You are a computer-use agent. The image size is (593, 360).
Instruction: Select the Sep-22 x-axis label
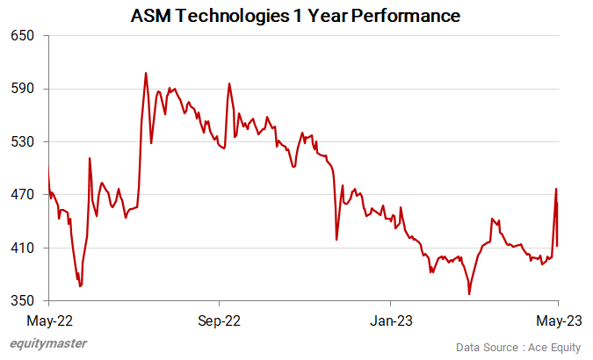(219, 319)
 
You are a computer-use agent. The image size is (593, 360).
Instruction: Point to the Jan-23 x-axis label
(390, 319)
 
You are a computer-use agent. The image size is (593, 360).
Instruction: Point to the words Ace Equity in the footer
(553, 348)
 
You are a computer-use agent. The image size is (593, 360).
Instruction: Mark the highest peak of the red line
(146, 73)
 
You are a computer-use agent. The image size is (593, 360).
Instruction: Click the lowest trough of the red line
(469, 293)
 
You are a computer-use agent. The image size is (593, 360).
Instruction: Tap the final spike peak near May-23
(556, 189)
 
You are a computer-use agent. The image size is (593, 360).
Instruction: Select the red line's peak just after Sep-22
(229, 84)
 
